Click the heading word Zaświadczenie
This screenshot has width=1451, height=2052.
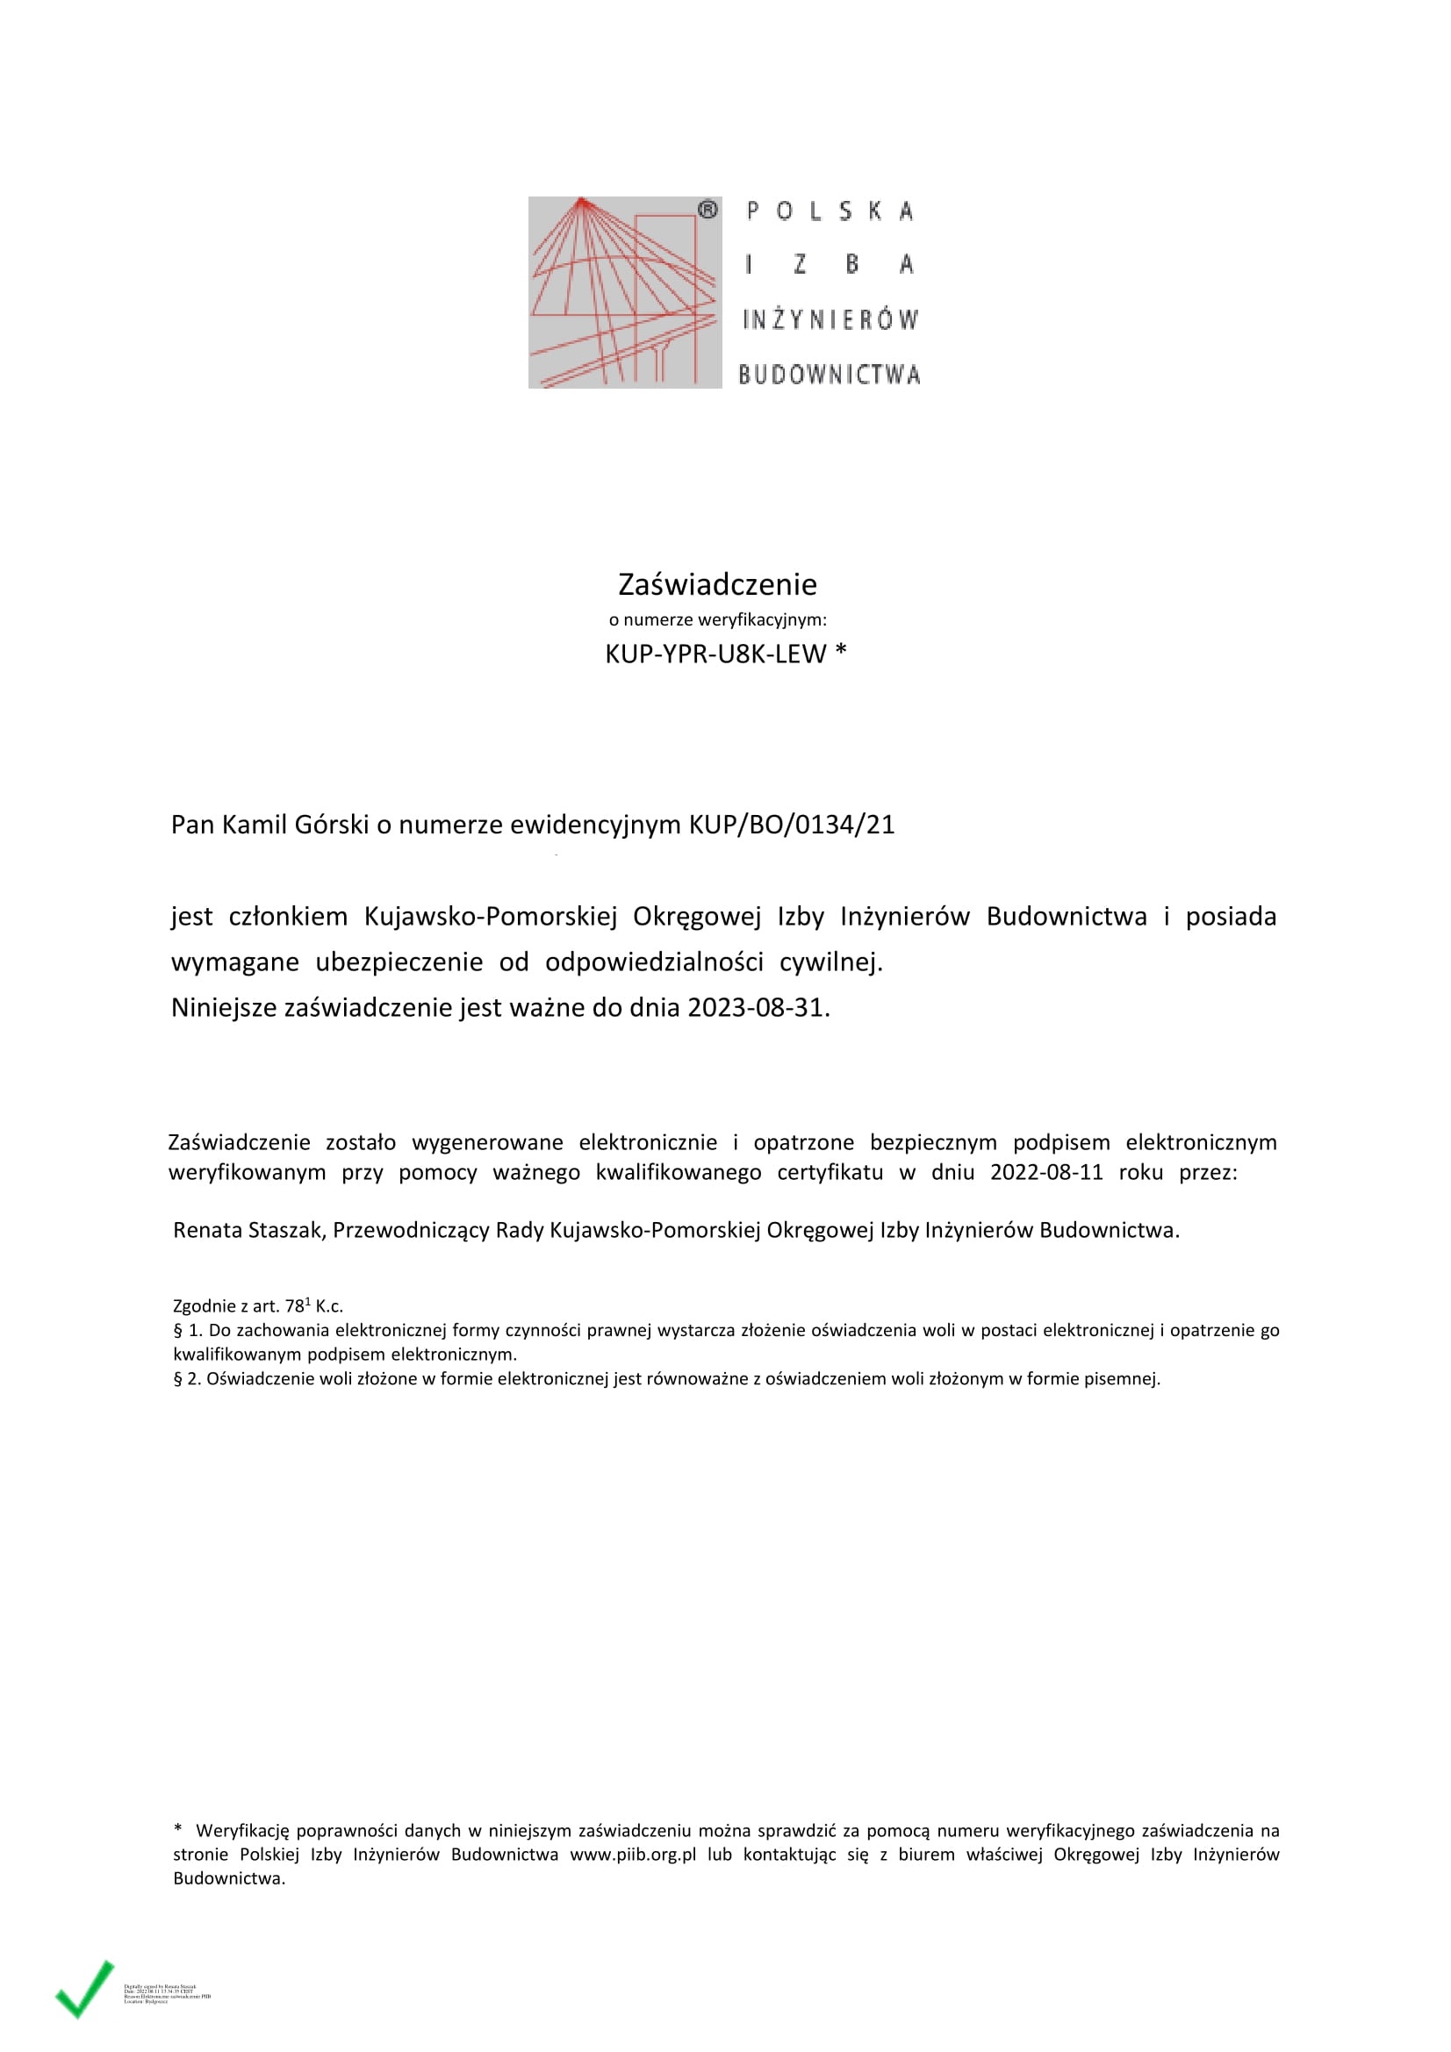[717, 584]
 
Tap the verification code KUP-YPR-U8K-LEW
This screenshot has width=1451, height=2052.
[715, 654]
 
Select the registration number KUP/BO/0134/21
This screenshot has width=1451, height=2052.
[791, 824]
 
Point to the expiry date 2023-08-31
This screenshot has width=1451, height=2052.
[758, 1008]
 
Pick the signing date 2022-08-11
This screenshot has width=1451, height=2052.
[1046, 1173]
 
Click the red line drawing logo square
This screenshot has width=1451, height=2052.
[624, 292]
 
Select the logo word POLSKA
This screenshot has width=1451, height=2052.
[830, 211]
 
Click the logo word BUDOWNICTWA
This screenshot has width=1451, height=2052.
[829, 375]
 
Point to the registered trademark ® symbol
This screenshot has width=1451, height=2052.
[708, 210]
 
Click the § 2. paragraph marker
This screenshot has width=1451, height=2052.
[187, 1379]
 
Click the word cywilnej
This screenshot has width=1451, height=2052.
[830, 962]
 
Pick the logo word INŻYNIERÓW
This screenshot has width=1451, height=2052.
[830, 320]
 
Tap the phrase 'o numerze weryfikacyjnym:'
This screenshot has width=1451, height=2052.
[717, 620]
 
